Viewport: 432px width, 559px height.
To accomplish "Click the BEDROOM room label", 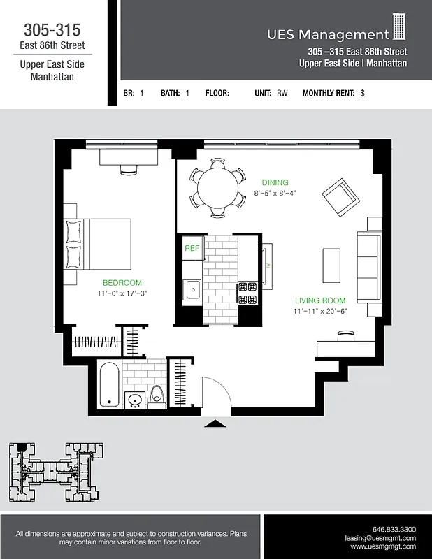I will [122, 283].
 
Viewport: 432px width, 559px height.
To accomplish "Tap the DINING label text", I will [275, 182].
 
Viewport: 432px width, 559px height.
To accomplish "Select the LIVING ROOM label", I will [319, 300].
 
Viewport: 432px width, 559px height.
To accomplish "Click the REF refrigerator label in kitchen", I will [191, 248].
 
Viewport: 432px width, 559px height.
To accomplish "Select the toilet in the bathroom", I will [157, 396].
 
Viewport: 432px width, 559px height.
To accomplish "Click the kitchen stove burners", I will [248, 293].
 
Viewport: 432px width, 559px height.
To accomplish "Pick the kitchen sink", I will [191, 288].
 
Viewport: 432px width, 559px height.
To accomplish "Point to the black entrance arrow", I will [214, 423].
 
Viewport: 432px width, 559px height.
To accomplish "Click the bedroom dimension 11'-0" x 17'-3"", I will [122, 293].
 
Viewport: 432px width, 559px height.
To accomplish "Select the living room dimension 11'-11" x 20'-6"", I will [319, 311].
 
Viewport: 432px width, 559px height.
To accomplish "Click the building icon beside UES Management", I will [399, 27].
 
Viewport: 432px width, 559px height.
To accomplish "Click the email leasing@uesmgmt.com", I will [380, 539].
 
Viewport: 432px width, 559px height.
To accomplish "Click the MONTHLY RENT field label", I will [329, 93].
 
